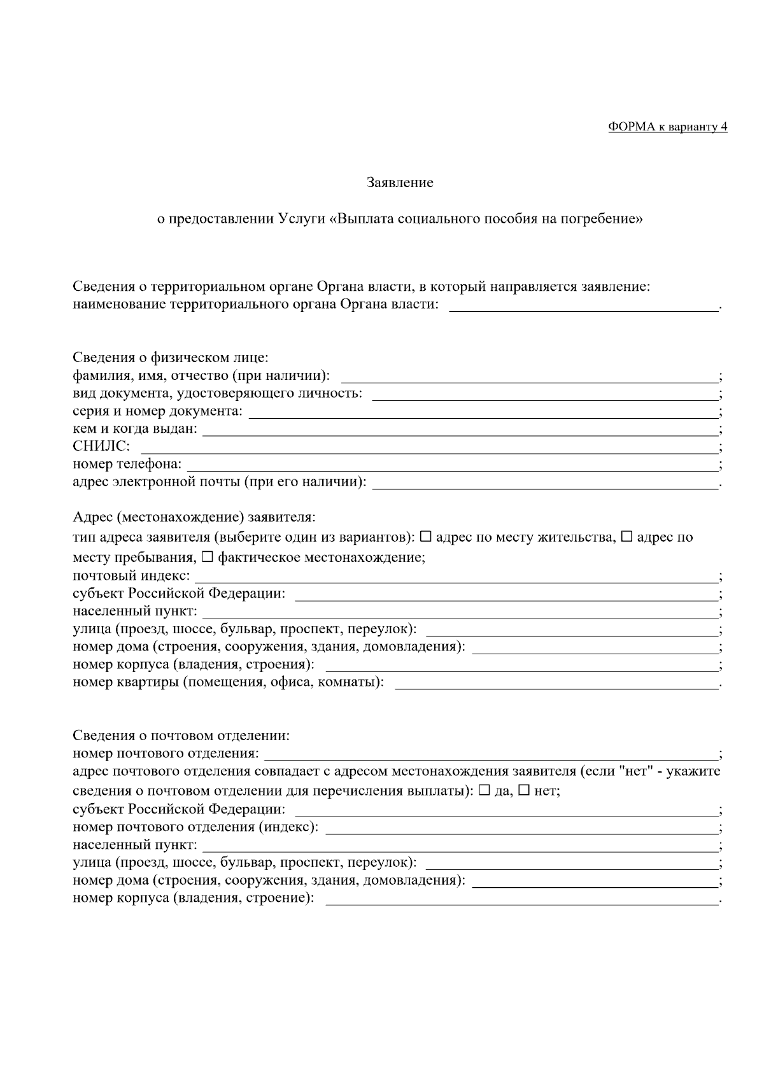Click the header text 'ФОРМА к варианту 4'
pos(667,127)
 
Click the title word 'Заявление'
pos(400,183)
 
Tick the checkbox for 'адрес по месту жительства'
pos(426,536)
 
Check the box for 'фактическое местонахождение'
pos(208,557)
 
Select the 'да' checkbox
pos(484,790)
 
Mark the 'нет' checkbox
pos(524,790)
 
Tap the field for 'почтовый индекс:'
pos(456,577)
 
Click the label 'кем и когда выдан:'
pos(135,429)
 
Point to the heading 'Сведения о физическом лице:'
pos(170,358)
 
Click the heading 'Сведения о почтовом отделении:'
pos(181,736)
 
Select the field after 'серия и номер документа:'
pos(483,412)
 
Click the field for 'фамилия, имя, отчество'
pos(528,377)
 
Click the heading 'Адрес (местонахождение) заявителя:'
pos(194,516)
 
